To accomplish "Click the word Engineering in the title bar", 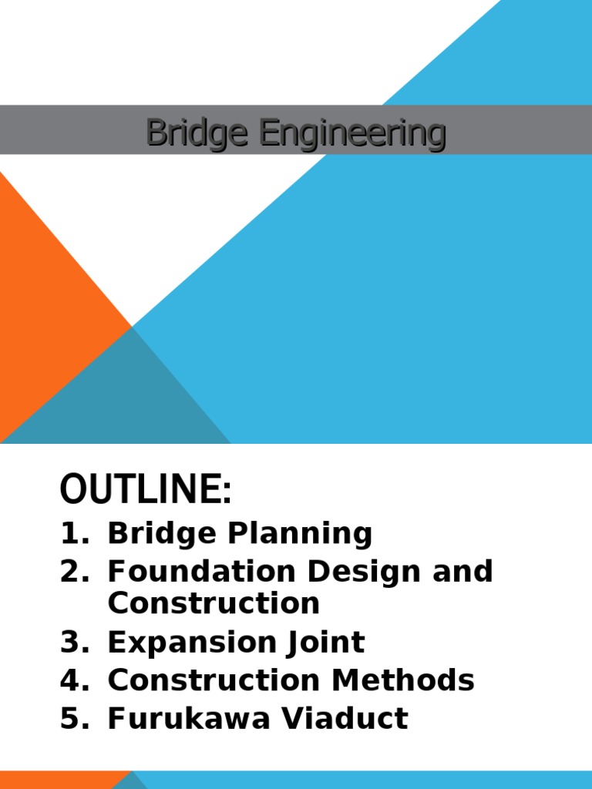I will [351, 134].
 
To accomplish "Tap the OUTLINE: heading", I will [146, 490].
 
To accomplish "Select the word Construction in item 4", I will [214, 680].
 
